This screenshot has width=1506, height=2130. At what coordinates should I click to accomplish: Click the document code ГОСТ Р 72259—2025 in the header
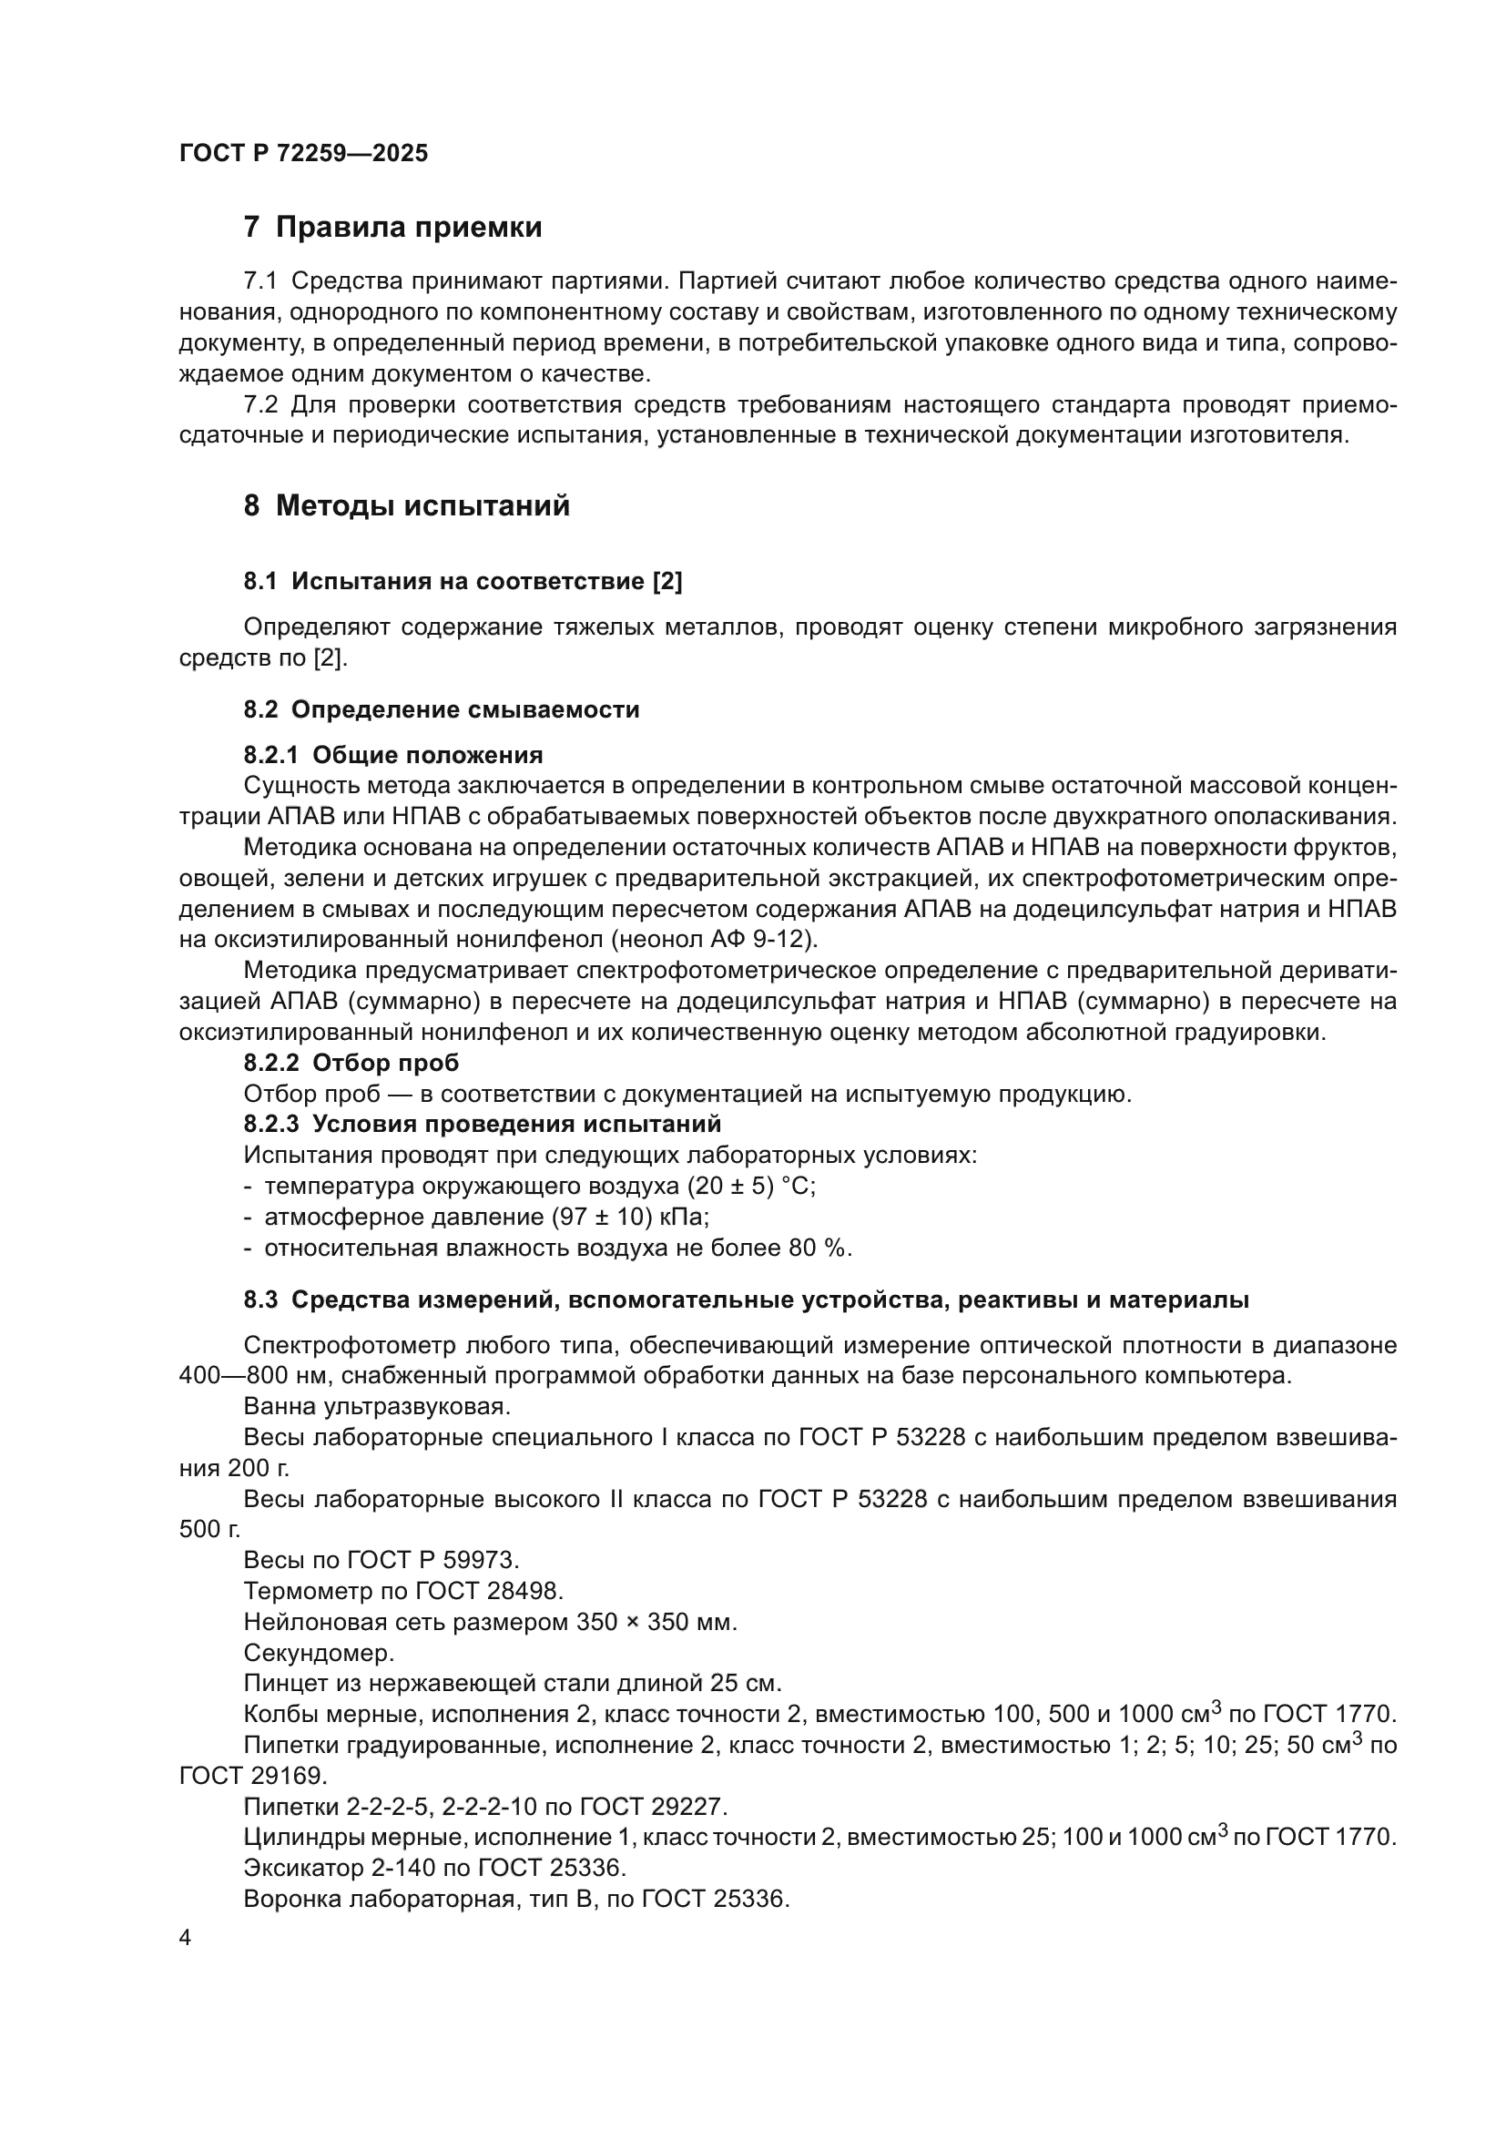[303, 154]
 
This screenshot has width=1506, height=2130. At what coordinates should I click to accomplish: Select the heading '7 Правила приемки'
[392, 228]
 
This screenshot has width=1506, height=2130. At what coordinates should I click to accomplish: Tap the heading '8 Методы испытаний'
[406, 506]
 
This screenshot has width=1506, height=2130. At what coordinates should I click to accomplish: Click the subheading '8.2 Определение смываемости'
[442, 709]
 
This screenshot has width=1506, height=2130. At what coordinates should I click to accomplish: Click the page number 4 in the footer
[186, 1938]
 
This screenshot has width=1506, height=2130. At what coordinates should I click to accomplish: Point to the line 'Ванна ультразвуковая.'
[377, 1406]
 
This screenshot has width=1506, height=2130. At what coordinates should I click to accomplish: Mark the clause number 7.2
[260, 405]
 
